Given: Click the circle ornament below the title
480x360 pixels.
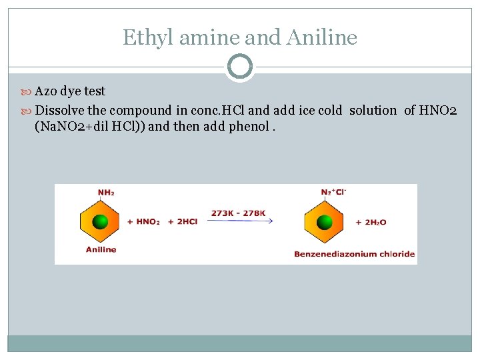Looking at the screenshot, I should coord(240,67).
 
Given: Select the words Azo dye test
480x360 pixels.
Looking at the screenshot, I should coord(70,91).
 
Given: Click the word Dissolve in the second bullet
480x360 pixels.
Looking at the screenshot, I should coord(59,110).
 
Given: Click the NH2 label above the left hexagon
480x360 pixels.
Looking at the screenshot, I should coord(106,193).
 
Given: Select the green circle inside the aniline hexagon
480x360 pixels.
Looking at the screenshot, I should coord(100,221).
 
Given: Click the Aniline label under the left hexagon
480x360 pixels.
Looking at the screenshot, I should coord(101,249).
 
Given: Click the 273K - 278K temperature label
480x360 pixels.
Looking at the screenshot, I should coord(238,213).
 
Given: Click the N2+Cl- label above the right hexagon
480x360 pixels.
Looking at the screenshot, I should coord(333,193).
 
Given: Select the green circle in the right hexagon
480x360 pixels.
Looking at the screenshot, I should coord(325,221).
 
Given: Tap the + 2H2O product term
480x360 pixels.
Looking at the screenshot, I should coord(371,222).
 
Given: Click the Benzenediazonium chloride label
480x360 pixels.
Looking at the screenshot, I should coord(354,253).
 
